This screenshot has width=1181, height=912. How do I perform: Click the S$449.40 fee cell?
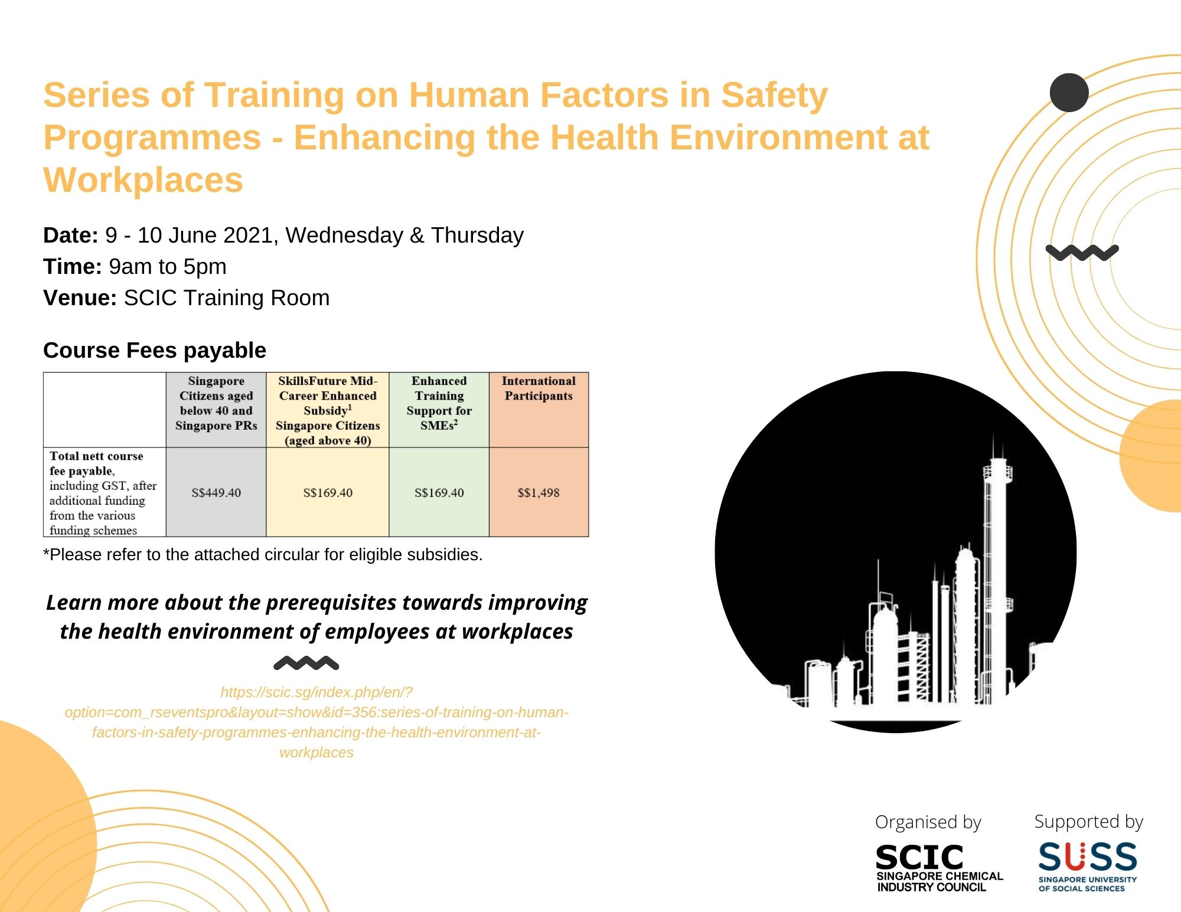click(216, 493)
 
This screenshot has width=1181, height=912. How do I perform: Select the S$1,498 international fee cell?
click(539, 493)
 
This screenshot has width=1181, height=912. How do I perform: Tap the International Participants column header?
click(539, 388)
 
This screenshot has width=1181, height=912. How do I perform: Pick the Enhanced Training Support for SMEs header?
click(439, 403)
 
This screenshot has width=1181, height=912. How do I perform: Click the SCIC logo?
click(939, 867)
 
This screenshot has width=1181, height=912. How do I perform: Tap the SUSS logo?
click(1088, 865)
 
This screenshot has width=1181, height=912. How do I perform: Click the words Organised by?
click(928, 822)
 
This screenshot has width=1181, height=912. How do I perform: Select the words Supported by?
click(1088, 821)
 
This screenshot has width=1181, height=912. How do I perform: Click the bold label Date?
click(70, 235)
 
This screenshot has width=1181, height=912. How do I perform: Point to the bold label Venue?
click(80, 298)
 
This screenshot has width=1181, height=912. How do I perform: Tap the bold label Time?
click(73, 266)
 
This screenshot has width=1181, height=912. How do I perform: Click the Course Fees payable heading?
click(155, 350)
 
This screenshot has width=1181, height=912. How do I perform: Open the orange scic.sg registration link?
click(317, 722)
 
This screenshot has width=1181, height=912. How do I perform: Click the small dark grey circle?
click(1069, 93)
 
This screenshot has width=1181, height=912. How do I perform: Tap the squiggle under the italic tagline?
click(306, 663)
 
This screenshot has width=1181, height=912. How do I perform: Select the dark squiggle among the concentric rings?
click(1082, 253)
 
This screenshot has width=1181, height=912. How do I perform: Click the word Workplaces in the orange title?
click(143, 179)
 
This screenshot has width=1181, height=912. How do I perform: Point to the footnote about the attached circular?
click(263, 554)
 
